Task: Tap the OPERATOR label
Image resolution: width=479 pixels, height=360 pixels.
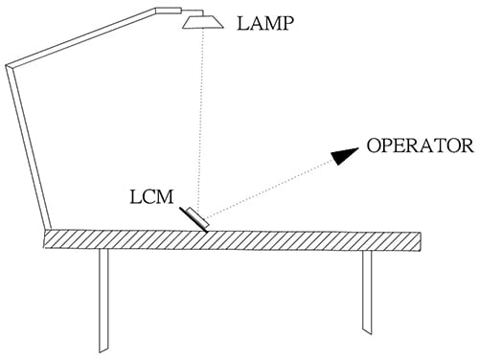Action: pos(419,146)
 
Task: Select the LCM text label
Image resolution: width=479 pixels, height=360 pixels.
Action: pos(151,200)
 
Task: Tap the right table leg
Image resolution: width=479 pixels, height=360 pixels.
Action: pos(366,292)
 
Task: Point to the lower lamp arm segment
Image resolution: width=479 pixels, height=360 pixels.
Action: pos(27,147)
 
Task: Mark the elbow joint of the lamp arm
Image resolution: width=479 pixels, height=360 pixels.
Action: pos(10,66)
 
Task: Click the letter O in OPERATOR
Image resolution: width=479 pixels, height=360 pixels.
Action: pos(373,146)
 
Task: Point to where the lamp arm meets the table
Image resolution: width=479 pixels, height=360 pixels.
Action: pos(47,229)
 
